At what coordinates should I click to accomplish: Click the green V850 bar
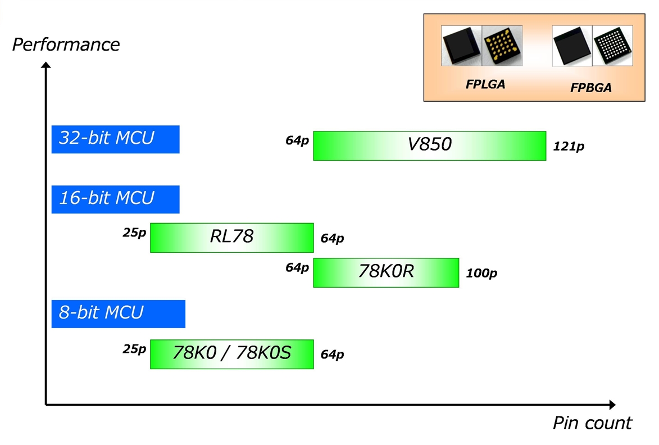tap(429, 146)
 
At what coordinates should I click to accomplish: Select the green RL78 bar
tap(231, 237)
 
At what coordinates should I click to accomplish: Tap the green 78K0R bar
tap(385, 272)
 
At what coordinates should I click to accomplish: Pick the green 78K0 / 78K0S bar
tap(231, 353)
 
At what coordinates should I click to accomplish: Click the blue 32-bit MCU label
tap(115, 139)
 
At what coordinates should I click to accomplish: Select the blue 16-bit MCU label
tap(115, 199)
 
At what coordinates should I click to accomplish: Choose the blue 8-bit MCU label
tap(118, 314)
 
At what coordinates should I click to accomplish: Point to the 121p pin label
tap(568, 147)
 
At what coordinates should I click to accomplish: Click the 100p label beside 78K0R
tap(481, 274)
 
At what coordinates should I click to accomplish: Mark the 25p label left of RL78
tap(134, 232)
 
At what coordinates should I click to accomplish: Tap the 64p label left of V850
tap(297, 140)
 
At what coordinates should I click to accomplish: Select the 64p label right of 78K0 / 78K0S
tap(332, 355)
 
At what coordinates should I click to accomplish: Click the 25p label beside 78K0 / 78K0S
tap(134, 349)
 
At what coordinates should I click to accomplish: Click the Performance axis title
tap(66, 44)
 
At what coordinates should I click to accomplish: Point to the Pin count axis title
tap(592, 423)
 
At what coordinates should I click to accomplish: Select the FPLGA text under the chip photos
tap(485, 84)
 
